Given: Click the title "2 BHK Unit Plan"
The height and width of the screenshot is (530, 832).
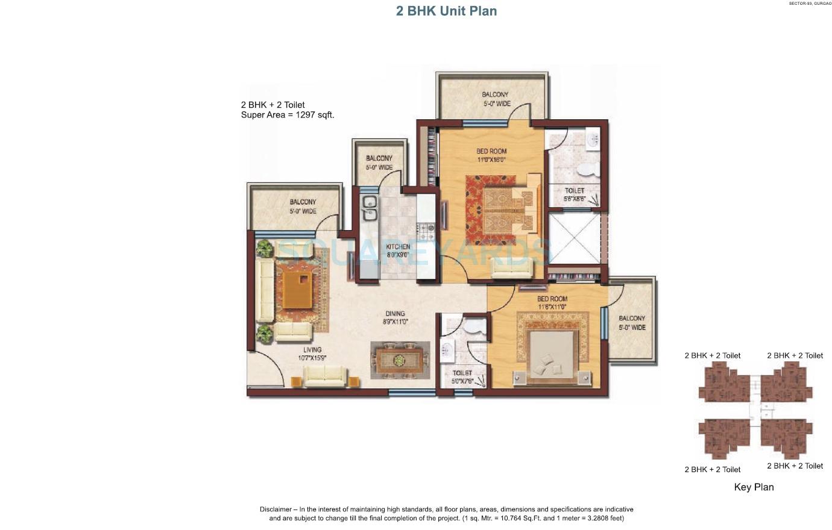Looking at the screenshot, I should pos(446,11).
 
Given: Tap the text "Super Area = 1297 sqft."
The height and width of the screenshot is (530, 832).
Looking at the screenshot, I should pos(288,114).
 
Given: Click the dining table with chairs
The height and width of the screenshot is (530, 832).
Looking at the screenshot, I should pos(400,360).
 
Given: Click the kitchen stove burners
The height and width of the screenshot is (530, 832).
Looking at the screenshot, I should pos(426,229).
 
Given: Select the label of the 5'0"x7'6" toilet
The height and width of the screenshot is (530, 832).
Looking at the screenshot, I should pos(462,377).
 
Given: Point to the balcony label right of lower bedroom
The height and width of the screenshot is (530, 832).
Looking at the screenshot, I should pos(631,323).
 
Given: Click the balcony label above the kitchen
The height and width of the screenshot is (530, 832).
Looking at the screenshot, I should pos(379,163).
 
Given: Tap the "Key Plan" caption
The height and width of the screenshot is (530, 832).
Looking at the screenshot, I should pos(754,487).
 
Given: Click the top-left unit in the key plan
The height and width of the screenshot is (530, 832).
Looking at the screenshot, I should pos(722,384).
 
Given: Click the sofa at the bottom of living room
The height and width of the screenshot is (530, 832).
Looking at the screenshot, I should pos(325,376).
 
